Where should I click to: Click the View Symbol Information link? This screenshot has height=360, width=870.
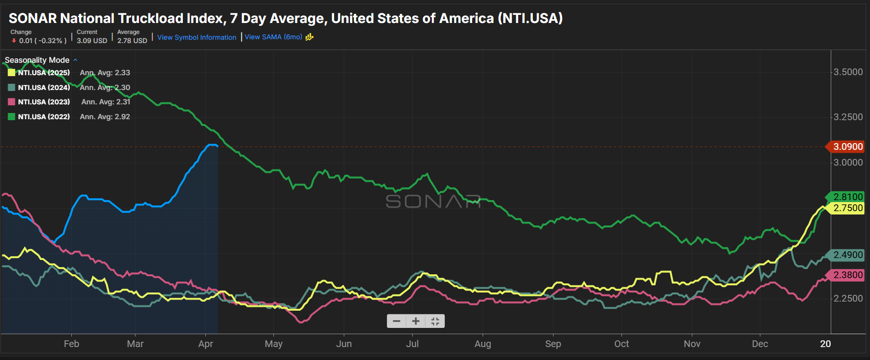coord(196,37)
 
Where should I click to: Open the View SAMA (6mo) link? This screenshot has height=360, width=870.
coord(273,37)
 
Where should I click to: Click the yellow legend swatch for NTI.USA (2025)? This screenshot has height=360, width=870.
coord(11,73)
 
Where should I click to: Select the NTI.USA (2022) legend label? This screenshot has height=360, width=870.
coord(44,117)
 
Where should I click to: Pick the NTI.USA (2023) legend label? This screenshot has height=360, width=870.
coord(44,102)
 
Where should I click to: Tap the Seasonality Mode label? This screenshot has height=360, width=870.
coord(37,60)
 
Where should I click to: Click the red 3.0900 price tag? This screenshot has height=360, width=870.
coord(847,146)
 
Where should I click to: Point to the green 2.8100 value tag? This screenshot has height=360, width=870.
coord(847,197)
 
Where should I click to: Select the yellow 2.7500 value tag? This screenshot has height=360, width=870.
coord(847,208)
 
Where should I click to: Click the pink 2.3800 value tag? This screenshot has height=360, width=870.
coord(847,275)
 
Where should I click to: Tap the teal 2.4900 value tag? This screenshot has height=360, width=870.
coord(847,255)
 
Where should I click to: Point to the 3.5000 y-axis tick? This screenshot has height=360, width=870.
coord(848,72)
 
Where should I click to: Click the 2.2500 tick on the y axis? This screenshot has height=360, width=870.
coord(848,298)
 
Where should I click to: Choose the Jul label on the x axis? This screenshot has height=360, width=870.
coord(412,344)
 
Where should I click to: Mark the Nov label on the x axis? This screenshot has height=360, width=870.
coord(692,344)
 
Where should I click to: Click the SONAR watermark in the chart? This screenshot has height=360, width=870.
coord(433,202)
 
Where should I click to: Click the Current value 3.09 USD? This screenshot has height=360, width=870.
coord(92,41)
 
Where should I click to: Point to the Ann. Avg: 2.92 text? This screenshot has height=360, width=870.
coord(105,117)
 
